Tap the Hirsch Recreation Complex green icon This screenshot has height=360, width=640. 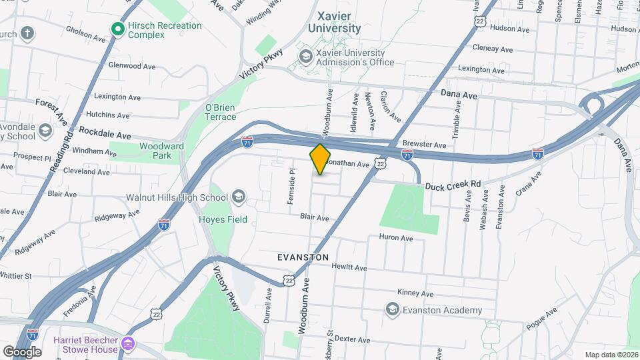(118, 29)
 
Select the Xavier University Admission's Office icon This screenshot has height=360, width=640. (306, 57)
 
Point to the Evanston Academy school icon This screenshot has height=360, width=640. (392, 309)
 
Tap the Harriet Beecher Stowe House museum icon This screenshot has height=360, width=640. (129, 345)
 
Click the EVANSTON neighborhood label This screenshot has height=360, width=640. (303, 257)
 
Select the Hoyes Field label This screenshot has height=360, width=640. (223, 219)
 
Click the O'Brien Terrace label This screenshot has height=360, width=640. (220, 111)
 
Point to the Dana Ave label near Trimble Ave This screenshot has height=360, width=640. (459, 95)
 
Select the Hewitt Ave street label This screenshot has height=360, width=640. (349, 268)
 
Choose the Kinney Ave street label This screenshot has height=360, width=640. (415, 293)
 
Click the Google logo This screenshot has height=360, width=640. (22, 351)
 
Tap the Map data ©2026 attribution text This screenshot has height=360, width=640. (611, 355)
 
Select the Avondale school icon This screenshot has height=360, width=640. (45, 130)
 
